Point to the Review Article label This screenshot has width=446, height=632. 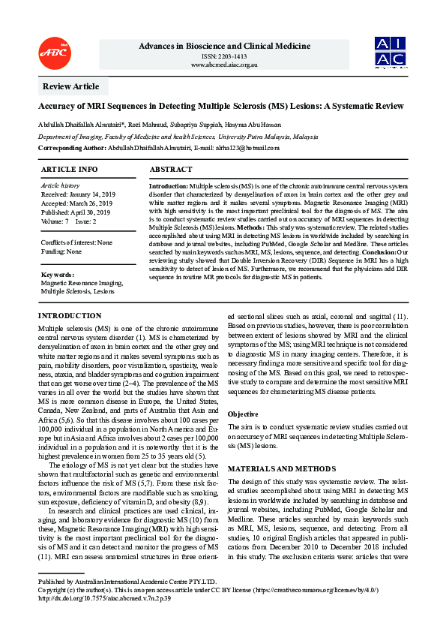70,87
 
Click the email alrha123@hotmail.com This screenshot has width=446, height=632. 247,148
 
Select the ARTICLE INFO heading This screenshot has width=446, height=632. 68,170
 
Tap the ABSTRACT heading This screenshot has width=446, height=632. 171,170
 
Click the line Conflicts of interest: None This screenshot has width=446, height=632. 76,242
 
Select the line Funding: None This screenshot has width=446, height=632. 61,251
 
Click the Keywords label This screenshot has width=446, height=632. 57,275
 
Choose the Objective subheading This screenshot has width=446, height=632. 243,414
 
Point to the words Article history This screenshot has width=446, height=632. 59,185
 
